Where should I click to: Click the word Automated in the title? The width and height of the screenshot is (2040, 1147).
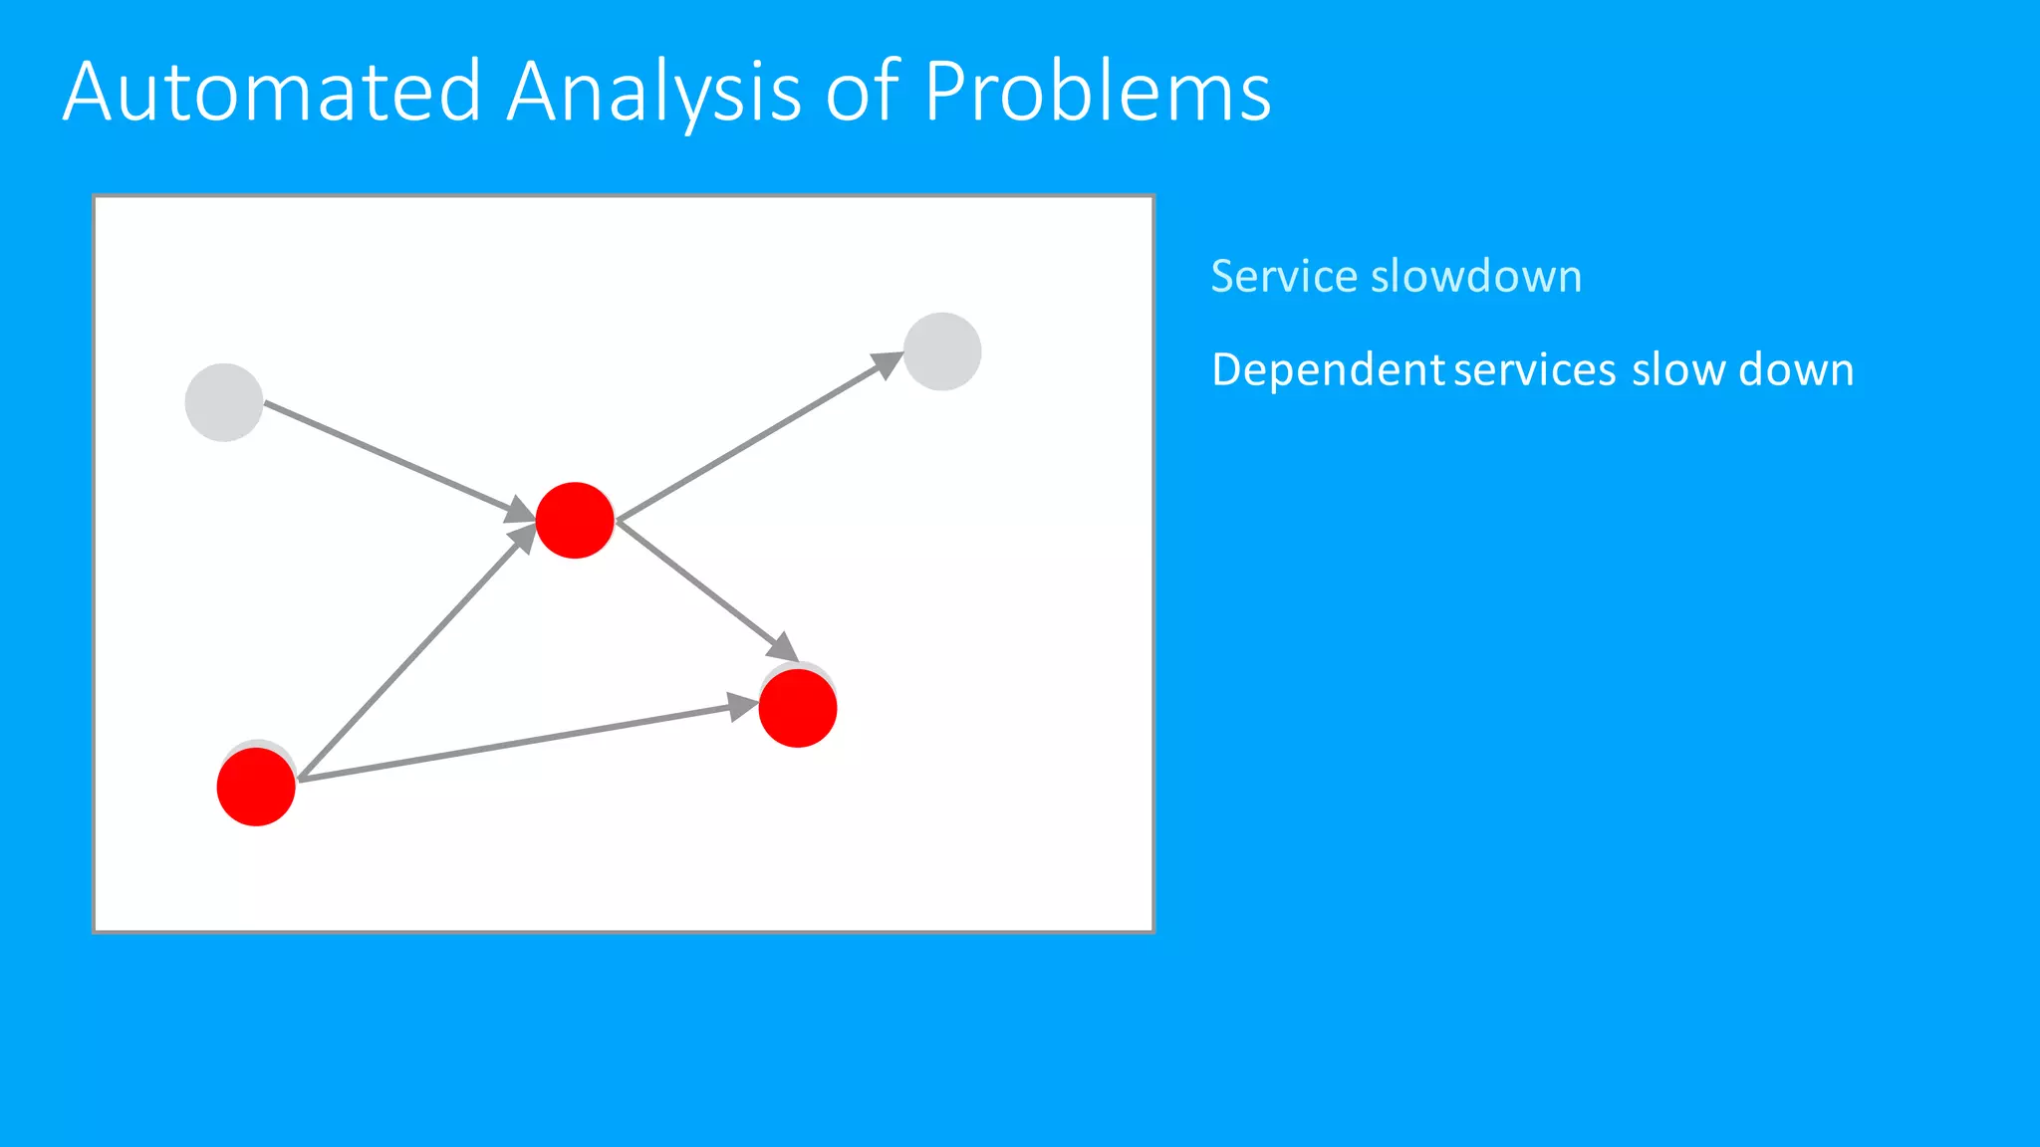click(x=272, y=92)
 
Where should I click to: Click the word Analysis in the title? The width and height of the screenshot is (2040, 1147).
click(x=653, y=92)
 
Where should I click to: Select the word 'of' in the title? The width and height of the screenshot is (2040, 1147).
click(x=863, y=92)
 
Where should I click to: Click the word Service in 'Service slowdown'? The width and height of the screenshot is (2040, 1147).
click(x=1283, y=276)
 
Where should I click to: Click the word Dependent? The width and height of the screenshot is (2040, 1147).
click(x=1328, y=369)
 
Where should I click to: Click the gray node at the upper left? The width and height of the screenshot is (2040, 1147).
click(x=224, y=402)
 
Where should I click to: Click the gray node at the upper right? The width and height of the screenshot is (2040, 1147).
click(x=942, y=351)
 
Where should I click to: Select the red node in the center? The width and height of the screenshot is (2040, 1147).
click(x=575, y=520)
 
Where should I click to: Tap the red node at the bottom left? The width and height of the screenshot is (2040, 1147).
click(x=256, y=787)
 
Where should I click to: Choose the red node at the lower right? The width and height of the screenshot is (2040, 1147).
click(x=798, y=708)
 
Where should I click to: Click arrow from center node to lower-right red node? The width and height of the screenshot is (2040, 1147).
click(x=702, y=587)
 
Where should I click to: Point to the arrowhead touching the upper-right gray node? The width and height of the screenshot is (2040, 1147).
click(x=888, y=364)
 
